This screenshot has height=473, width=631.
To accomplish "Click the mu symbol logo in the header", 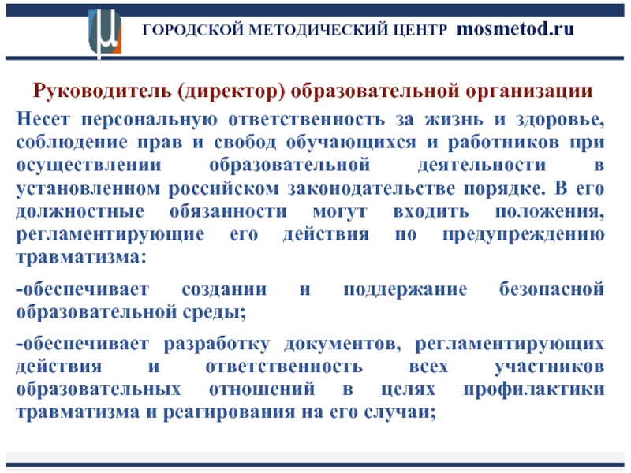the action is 105,33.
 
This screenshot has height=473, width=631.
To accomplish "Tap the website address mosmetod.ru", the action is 515,29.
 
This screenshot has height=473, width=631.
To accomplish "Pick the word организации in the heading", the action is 528,91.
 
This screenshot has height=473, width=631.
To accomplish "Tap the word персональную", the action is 149,120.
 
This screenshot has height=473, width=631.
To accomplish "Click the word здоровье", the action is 560,121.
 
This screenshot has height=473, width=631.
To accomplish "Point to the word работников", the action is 503,143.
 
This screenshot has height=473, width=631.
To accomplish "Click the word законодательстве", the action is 371,188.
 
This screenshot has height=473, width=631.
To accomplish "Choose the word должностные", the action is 80,211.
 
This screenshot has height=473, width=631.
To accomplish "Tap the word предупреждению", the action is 524,235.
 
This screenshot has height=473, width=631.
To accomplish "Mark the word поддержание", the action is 405,290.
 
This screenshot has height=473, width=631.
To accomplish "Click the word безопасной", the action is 551,289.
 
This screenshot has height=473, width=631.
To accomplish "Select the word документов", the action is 342,345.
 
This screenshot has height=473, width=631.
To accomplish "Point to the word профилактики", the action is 534,389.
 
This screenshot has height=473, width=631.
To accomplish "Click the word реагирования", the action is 229,412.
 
